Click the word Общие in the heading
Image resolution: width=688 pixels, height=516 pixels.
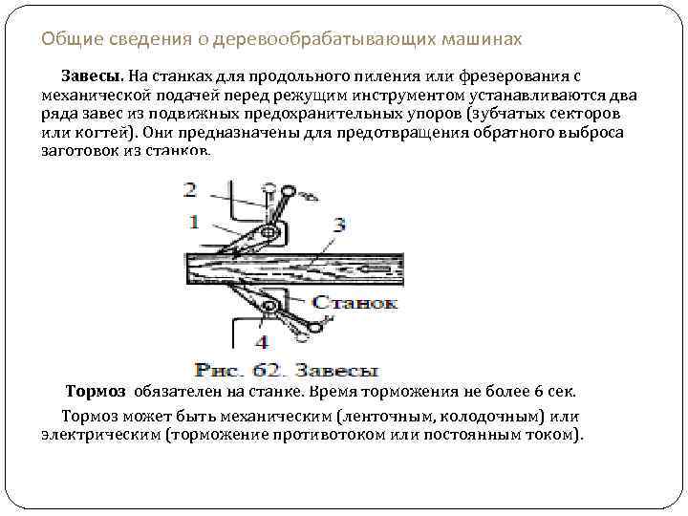[64, 40]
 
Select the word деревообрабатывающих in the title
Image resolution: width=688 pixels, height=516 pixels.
[302, 40]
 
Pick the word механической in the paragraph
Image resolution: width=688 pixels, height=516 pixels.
[97, 96]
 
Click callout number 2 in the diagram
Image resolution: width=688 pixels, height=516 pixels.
[191, 188]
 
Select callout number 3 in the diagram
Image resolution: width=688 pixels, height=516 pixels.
[338, 226]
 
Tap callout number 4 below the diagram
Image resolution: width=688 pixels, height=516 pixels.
[261, 342]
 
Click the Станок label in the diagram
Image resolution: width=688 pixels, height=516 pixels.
[355, 303]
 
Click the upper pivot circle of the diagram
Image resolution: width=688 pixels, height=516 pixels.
[270, 232]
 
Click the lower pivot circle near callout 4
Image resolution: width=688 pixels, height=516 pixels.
[270, 307]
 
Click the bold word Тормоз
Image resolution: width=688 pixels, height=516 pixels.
[96, 393]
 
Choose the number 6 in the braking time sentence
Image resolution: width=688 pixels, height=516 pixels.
[539, 393]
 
